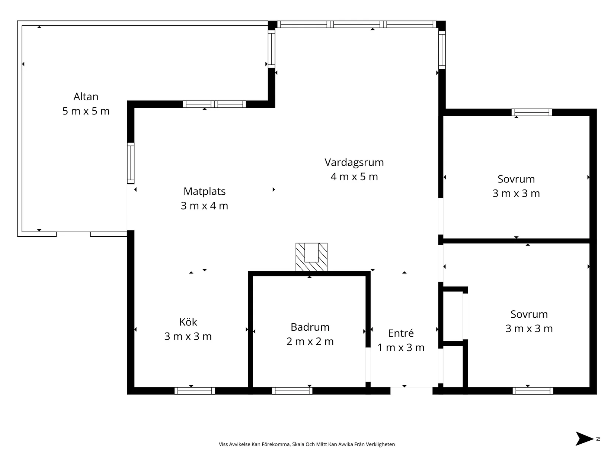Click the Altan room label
[86, 97]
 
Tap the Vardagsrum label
[354, 162]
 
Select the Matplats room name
[204, 191]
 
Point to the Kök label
[188, 322]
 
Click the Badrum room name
[310, 327]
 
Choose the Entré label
[401, 333]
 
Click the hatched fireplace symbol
[311, 257]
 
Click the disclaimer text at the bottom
[307, 444]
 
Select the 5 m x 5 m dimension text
[86, 111]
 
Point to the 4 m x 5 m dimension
[354, 177]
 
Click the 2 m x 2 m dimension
[310, 341]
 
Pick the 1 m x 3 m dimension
[401, 347]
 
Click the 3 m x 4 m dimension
[204, 206]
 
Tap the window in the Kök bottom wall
[195, 391]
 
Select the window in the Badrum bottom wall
[292, 391]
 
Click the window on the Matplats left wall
[131, 163]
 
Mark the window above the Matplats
[214, 104]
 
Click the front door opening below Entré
[412, 391]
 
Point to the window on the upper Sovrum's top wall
[532, 112]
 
